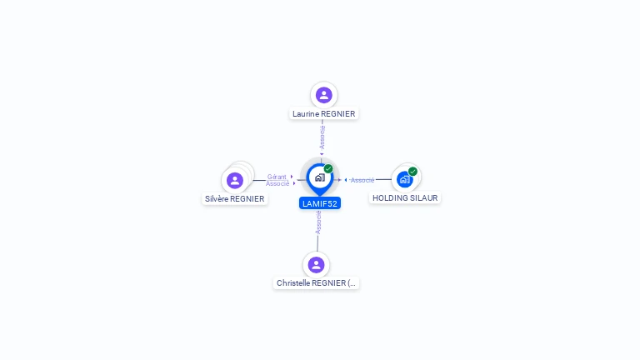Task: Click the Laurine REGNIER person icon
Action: [x=323, y=95]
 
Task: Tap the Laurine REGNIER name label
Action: [x=323, y=114]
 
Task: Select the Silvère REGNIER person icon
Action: [x=235, y=180]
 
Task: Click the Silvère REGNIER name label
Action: [x=235, y=199]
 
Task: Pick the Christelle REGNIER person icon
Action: [x=316, y=265]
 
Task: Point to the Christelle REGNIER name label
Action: [x=316, y=282]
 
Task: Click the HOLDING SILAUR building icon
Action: [x=404, y=179]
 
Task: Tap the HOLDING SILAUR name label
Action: [x=405, y=198]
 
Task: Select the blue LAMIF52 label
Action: [x=320, y=203]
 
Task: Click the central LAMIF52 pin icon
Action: [x=320, y=178]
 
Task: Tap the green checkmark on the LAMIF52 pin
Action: [x=328, y=168]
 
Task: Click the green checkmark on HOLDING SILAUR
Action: [x=412, y=172]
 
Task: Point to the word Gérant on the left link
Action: [x=277, y=177]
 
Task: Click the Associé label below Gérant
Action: [x=277, y=183]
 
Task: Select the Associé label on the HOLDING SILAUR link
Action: [x=362, y=180]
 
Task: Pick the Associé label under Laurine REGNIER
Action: [x=322, y=137]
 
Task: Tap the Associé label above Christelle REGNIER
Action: [x=318, y=222]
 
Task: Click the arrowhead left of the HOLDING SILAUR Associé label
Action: [x=346, y=180]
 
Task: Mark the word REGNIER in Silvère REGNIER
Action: [x=247, y=199]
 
